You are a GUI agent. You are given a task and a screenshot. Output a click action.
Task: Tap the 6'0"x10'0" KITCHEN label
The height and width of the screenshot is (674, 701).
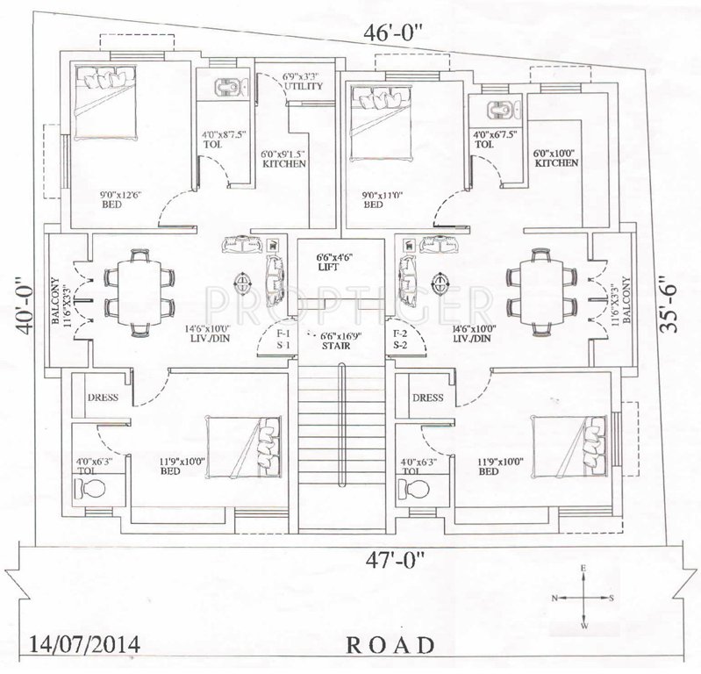[x=556, y=158]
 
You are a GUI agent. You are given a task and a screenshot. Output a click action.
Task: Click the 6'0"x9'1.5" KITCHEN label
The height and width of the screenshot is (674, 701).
[x=283, y=159]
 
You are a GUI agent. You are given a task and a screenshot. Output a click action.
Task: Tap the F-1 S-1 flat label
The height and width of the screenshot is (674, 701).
[x=283, y=340]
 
